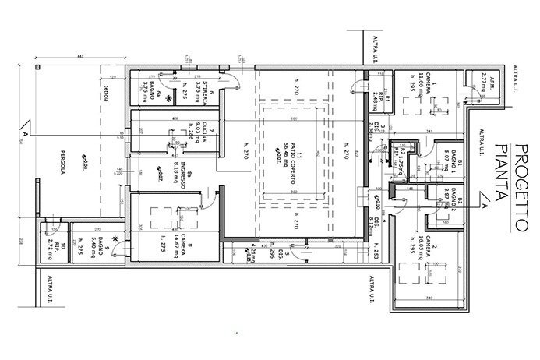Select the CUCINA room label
tap(200, 132)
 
